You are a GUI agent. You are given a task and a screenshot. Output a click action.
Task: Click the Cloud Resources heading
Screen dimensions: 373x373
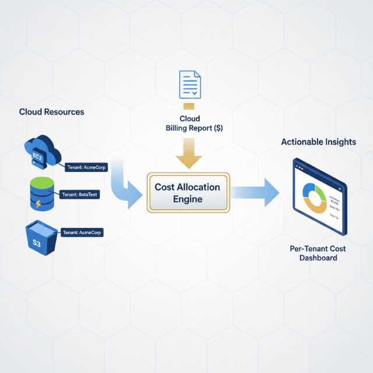[x=51, y=112]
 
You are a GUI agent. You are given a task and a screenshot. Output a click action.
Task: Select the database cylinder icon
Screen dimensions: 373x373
[x=41, y=195]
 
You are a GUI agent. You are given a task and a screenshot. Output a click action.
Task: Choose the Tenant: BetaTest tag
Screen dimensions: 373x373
[x=79, y=195]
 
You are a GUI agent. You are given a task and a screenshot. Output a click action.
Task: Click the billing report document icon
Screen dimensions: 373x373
[x=189, y=85]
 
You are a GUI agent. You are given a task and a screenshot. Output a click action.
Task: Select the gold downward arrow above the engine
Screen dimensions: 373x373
[x=189, y=154]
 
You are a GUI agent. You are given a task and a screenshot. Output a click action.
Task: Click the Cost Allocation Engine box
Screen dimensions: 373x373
[x=188, y=193]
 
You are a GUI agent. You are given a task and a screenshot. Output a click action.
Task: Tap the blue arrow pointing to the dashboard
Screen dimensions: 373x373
[x=256, y=193]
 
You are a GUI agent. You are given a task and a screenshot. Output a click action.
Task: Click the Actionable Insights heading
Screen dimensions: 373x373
[x=318, y=142]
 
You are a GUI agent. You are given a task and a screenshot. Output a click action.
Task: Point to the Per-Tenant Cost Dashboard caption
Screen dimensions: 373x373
[x=318, y=253]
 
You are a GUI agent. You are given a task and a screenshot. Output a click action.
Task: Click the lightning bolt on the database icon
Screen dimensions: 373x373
[x=38, y=205]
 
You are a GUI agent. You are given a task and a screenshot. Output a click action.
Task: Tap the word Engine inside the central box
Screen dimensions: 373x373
[x=188, y=199]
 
